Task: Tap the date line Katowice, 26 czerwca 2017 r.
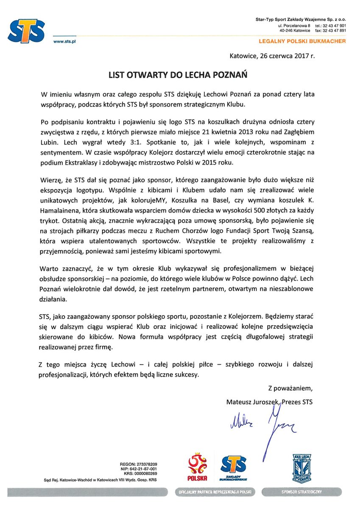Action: pos(272,55)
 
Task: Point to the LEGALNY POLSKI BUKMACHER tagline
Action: pos(302,41)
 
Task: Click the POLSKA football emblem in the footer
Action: pos(197,466)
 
